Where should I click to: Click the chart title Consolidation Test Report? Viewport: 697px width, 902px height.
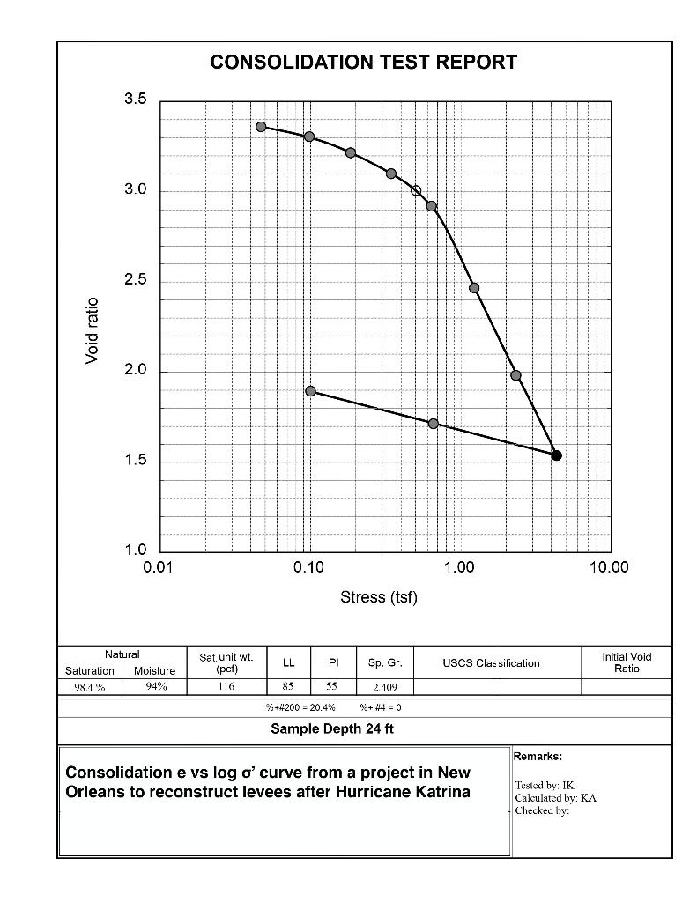pos(363,63)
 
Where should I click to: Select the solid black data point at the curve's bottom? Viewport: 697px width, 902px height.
pos(556,455)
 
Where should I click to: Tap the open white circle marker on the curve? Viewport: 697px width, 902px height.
pos(416,190)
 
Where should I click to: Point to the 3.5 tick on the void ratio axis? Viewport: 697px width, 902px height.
pos(135,100)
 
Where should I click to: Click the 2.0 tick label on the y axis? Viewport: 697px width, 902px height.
pos(135,370)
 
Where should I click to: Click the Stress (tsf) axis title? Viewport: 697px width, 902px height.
pos(379,598)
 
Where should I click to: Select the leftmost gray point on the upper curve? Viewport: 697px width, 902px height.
pos(261,127)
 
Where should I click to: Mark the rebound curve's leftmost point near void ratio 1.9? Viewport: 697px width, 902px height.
pos(310,391)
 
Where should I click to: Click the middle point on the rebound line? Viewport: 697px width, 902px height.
pos(433,424)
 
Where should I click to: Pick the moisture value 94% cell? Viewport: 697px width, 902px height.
pos(155,687)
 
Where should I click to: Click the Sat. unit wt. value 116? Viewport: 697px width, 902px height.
pos(226,687)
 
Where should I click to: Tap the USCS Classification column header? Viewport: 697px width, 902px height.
pos(491,663)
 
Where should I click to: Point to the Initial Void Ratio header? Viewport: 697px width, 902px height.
pos(627,662)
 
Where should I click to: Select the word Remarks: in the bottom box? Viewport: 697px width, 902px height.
pos(538,756)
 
